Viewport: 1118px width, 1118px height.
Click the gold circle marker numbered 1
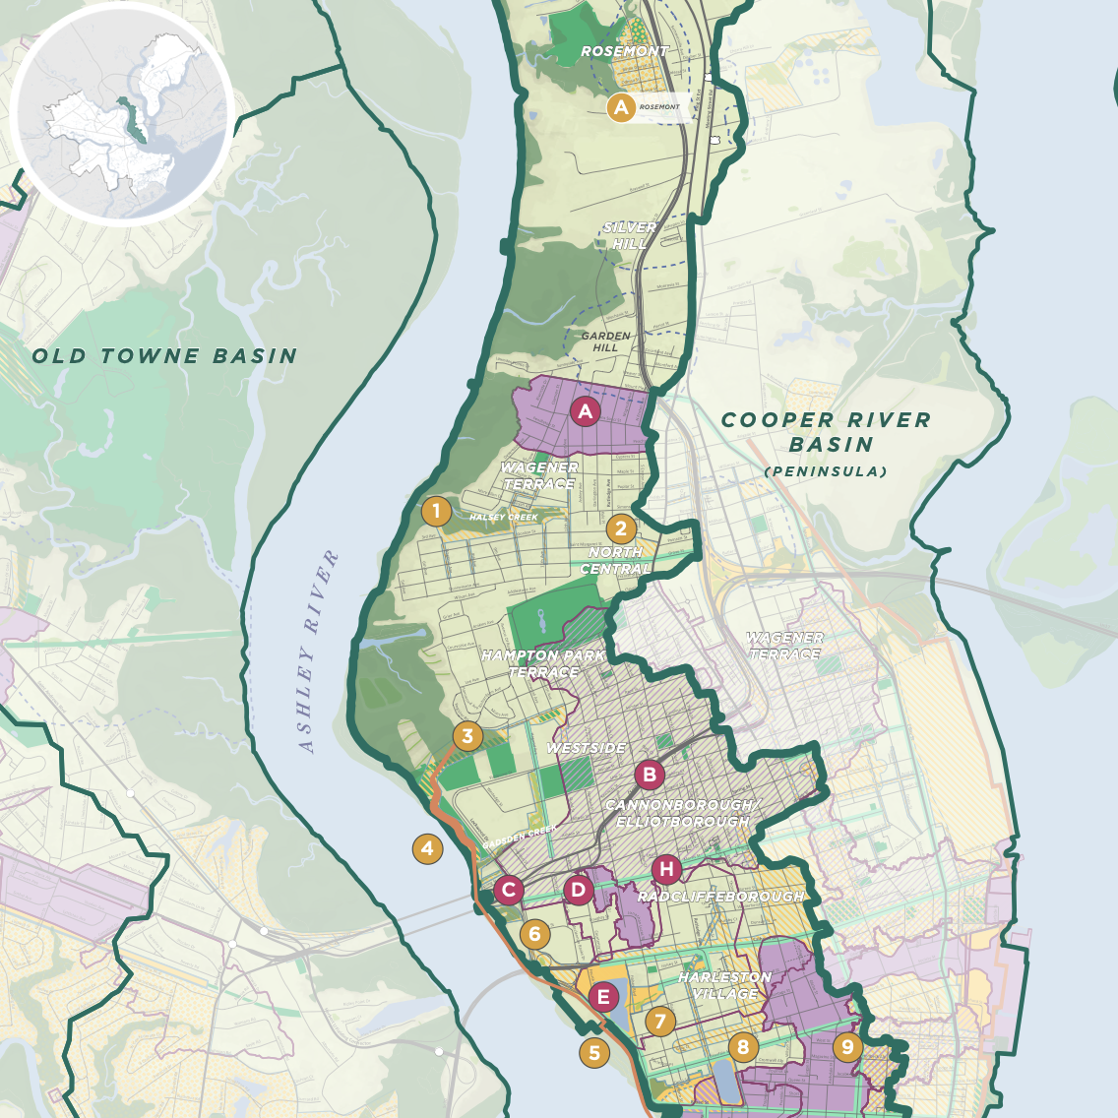point(436,511)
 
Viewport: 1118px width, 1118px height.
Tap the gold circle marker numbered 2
point(621,528)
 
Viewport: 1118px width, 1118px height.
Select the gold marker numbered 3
point(467,736)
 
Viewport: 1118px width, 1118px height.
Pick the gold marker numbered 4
point(427,848)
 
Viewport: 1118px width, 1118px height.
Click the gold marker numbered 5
point(594,1052)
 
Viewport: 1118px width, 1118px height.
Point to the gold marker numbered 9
point(847,1047)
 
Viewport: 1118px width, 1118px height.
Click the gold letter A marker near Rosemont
point(621,107)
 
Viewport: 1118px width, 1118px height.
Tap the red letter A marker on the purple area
point(586,411)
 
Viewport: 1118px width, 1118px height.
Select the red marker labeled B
point(649,775)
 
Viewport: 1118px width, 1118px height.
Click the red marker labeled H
point(667,869)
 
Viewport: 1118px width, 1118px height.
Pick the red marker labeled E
point(604,997)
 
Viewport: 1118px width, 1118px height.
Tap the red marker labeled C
point(509,891)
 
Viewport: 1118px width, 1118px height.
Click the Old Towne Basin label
point(165,356)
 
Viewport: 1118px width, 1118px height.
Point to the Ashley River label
point(319,652)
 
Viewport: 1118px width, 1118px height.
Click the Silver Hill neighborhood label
point(630,235)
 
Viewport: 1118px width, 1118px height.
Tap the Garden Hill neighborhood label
point(605,342)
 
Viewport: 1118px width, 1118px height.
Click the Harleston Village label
point(725,985)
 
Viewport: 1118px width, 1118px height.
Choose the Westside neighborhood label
point(586,748)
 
